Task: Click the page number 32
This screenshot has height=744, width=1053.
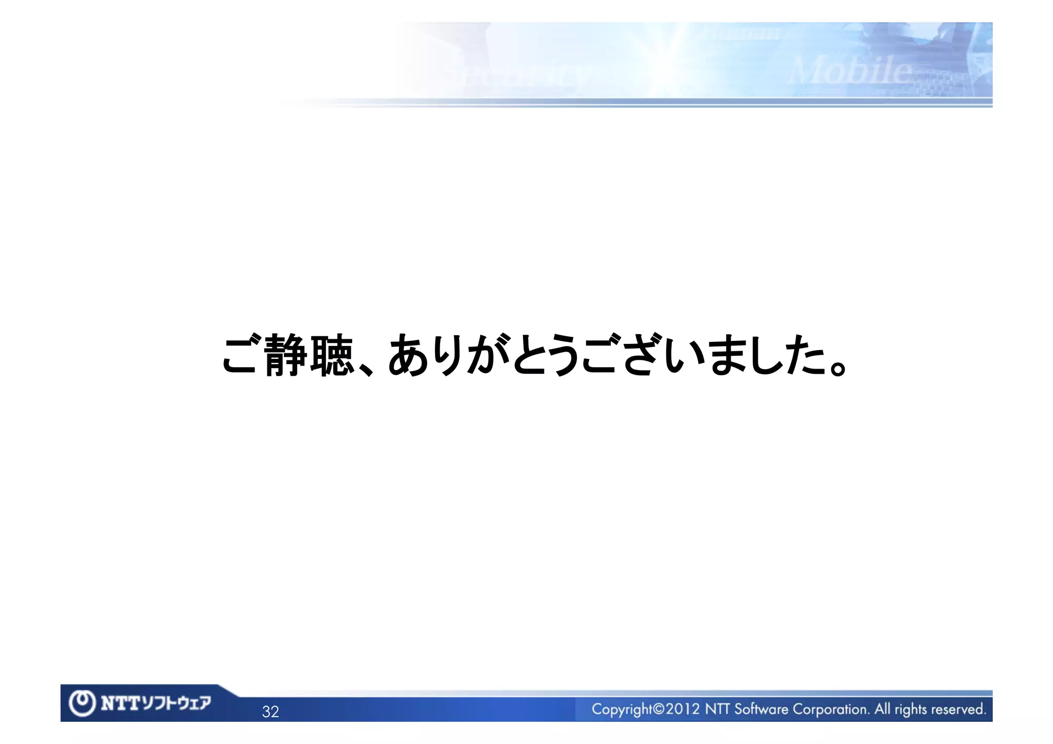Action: (x=270, y=712)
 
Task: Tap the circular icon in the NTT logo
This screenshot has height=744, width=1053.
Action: (x=82, y=703)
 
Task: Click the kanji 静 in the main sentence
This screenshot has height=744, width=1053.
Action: (x=286, y=355)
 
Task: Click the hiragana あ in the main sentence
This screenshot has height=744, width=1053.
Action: (x=409, y=355)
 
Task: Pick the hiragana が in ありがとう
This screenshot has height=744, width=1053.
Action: (x=489, y=355)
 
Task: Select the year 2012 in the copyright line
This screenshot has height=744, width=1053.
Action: (x=683, y=710)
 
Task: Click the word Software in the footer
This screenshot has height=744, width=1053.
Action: (x=760, y=710)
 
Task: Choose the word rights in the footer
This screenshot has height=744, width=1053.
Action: (x=911, y=710)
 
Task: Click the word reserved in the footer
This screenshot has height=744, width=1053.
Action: (x=958, y=710)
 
